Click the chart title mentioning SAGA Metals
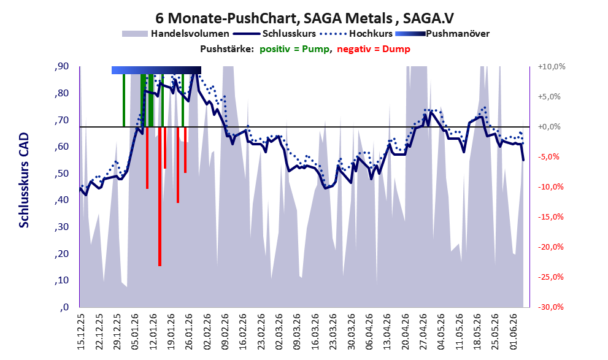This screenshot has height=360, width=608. click(304, 18)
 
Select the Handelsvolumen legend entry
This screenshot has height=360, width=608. click(175, 34)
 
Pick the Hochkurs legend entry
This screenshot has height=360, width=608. click(356, 34)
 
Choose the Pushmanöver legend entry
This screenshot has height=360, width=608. click(442, 34)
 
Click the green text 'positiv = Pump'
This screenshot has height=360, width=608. click(294, 49)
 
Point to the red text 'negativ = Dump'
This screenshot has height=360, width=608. click(374, 49)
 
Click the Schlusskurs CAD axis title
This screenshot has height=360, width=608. click(24, 180)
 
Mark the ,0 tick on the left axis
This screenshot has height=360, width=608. click(64, 307)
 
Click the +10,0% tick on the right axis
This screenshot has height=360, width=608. click(552, 67)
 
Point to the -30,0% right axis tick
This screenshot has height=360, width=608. click(550, 307)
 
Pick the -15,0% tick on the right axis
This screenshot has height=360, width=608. click(550, 217)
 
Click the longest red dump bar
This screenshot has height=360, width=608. click(160, 196)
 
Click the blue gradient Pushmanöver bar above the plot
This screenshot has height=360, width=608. click(156, 70)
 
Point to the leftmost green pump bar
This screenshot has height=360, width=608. click(124, 101)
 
